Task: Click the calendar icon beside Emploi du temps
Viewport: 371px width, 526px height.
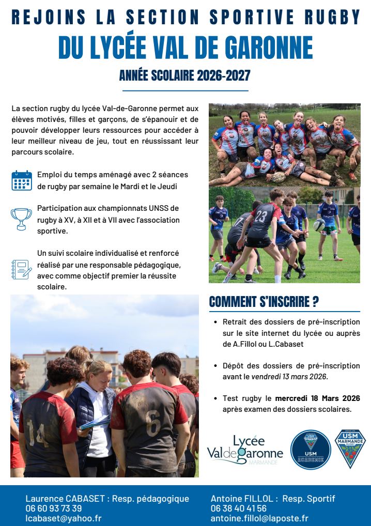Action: (x=22, y=180)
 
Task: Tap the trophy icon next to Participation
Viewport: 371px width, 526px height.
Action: (x=21, y=218)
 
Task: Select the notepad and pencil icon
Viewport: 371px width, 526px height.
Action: (x=21, y=269)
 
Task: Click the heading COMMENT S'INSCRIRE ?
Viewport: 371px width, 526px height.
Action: (x=264, y=302)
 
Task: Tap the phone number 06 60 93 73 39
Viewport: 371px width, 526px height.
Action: (x=54, y=508)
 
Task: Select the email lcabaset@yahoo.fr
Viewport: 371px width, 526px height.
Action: (x=64, y=518)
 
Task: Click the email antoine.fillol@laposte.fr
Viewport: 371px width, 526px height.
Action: (x=259, y=518)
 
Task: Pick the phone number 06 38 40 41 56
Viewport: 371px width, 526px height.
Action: (x=239, y=508)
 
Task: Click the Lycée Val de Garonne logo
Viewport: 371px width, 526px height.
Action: (x=245, y=449)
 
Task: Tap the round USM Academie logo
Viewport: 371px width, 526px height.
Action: (x=310, y=449)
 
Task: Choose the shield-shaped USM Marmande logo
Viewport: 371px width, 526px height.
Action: (x=350, y=448)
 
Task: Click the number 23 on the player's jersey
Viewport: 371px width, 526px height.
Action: (x=261, y=216)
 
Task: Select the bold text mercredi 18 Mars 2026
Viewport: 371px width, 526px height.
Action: (x=317, y=398)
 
